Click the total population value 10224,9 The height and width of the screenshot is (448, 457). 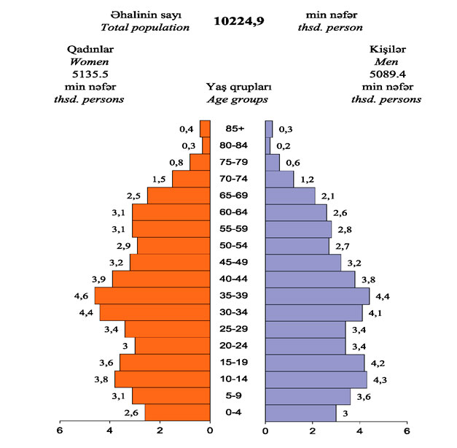[x=238, y=21]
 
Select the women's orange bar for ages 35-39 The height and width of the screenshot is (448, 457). [x=152, y=296]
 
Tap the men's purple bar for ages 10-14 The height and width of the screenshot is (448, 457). [x=316, y=379]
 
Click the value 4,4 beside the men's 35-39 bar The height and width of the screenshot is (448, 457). [x=383, y=296]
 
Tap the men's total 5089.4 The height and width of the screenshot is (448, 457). [x=386, y=74]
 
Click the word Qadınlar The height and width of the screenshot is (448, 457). [x=89, y=49]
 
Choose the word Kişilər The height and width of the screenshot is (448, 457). [x=387, y=49]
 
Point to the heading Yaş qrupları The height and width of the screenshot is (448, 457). [x=236, y=87]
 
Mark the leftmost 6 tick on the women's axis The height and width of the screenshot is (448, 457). [x=60, y=430]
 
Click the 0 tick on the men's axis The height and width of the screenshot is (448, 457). [x=265, y=430]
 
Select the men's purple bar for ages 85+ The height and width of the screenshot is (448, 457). [x=269, y=128]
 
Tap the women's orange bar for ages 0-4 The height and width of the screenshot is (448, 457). [x=177, y=412]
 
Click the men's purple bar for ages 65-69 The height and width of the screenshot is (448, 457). [x=290, y=196]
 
